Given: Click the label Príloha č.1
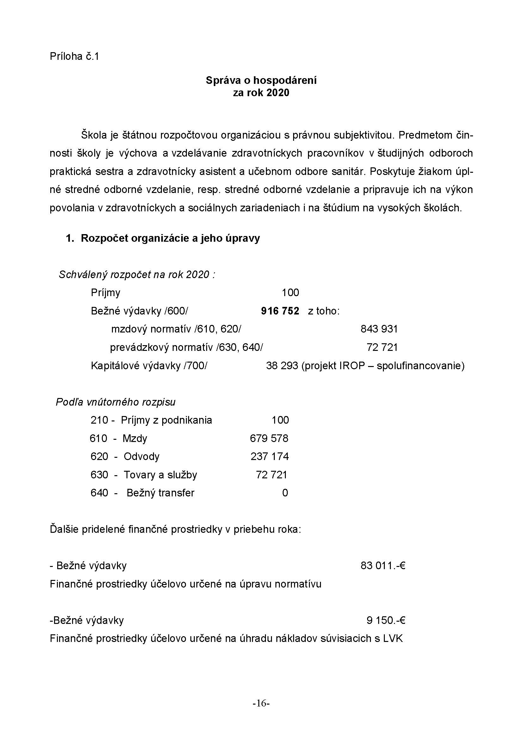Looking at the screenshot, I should (x=74, y=56).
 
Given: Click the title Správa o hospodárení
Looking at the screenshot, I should (x=261, y=80).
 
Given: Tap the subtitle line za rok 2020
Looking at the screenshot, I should (x=261, y=93).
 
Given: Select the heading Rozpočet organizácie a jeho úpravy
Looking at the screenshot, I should (x=170, y=238).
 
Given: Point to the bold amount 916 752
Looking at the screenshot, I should (x=280, y=311).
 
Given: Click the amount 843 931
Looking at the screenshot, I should (x=379, y=329).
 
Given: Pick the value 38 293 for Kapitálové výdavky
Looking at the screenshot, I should (x=282, y=366).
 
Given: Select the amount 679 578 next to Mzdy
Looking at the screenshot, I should (x=269, y=438).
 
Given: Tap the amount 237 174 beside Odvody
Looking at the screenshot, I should (x=269, y=457).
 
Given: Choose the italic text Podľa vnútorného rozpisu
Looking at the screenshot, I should (x=116, y=402).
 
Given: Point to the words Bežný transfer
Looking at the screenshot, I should (x=160, y=493).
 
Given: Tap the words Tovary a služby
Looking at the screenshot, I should (x=160, y=475).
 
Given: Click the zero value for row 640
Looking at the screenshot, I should (x=285, y=493).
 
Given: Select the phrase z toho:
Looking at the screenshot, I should (x=324, y=311).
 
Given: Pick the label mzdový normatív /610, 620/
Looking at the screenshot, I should (x=176, y=329).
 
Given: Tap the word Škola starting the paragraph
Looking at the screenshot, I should (x=94, y=135).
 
